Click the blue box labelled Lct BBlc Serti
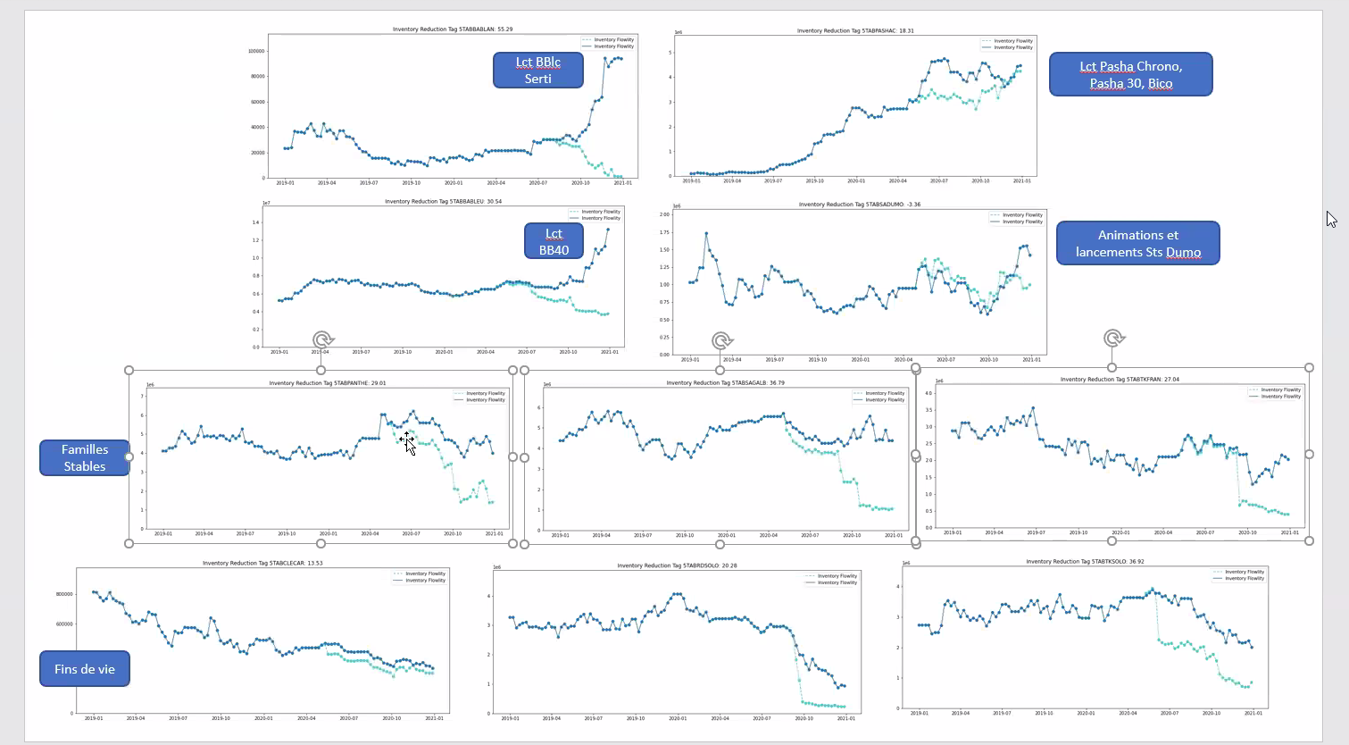537,71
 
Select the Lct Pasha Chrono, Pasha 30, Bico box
1130,74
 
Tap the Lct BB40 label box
554,241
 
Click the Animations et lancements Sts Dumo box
1137,243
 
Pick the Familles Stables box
85,457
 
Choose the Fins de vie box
85,669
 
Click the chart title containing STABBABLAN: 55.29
453,29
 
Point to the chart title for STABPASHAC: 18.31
855,31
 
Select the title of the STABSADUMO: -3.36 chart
859,205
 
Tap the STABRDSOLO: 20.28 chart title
677,565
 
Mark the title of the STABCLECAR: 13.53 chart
262,564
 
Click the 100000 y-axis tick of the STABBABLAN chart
256,51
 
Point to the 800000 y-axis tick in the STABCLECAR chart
64,594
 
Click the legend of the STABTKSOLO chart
1238,575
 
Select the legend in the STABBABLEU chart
595,215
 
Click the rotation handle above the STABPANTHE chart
322,340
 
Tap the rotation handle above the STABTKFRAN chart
1112,339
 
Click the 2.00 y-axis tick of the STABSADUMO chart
664,214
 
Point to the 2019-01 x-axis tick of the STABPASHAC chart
691,180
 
